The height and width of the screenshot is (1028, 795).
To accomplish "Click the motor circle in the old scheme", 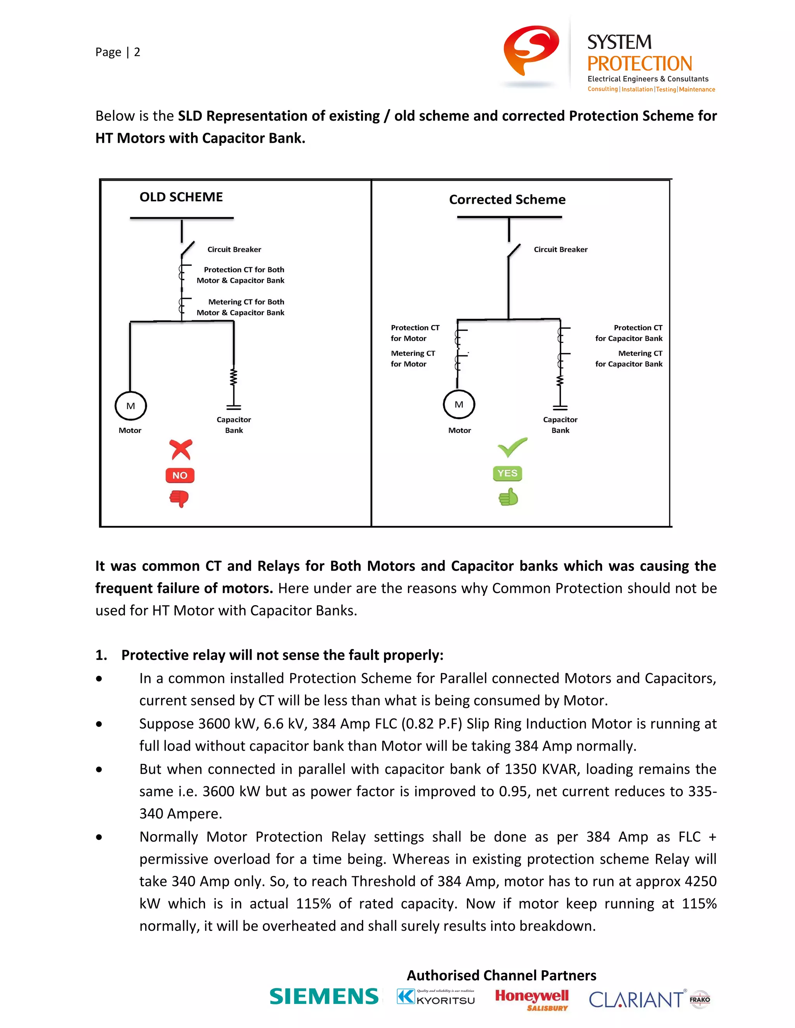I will click(130, 406).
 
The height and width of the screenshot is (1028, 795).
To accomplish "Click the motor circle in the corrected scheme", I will click(459, 404).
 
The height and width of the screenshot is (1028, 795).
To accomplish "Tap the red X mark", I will click(181, 449).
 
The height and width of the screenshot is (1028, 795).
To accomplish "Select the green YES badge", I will click(507, 473).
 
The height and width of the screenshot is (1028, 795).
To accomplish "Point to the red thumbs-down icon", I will click(179, 498).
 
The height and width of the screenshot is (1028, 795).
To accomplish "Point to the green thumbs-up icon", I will click(508, 497).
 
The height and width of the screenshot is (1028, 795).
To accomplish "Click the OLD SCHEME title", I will click(181, 197).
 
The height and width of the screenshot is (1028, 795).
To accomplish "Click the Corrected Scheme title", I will click(507, 199).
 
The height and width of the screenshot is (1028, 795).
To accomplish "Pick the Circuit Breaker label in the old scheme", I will click(234, 249).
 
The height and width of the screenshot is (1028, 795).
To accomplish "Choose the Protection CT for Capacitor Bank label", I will click(628, 333).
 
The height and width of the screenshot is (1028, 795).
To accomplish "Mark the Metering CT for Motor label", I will click(413, 358).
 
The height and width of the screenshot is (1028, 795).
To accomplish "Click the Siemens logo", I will click(324, 997).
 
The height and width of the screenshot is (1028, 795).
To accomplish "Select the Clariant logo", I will click(636, 999).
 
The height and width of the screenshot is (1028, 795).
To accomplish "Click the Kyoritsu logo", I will click(436, 997).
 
